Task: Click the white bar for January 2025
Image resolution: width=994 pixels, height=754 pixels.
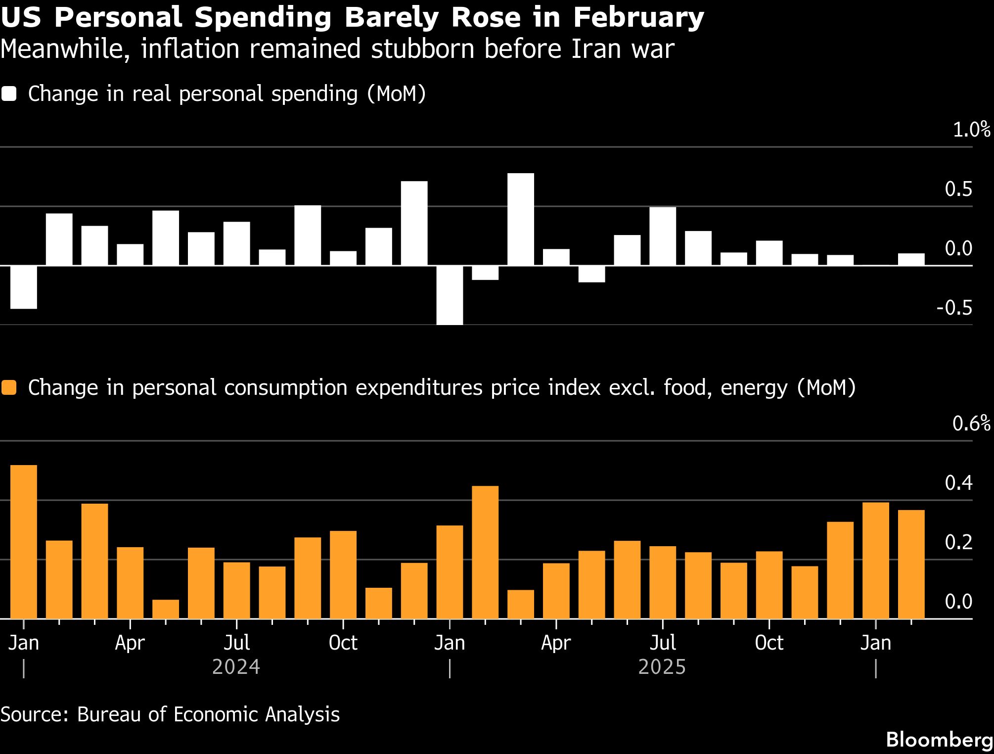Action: [x=450, y=295]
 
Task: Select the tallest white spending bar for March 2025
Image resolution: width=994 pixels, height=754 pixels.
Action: [x=521, y=219]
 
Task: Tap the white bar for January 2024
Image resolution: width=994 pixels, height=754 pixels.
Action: [x=24, y=287]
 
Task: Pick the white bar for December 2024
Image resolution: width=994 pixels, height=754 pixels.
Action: [x=414, y=223]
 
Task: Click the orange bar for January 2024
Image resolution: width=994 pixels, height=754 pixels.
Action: [x=24, y=542]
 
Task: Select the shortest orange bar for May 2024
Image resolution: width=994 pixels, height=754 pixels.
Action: [x=166, y=609]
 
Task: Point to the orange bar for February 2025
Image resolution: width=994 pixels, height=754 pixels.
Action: [x=485, y=552]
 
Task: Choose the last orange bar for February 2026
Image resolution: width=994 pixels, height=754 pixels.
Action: [x=911, y=564]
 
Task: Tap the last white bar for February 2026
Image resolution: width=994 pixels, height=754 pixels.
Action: [x=911, y=259]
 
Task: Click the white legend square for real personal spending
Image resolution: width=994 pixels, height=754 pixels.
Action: [x=9, y=94]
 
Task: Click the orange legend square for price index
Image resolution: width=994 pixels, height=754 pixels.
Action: [x=9, y=388]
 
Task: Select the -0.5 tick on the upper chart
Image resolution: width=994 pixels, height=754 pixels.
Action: [x=954, y=308]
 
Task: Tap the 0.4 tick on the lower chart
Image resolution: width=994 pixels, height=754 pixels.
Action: [x=958, y=483]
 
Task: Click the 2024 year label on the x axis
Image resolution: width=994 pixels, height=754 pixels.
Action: [x=236, y=667]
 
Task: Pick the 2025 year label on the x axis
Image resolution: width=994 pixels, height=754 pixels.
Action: [x=662, y=667]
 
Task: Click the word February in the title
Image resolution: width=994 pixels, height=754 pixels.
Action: [x=638, y=18]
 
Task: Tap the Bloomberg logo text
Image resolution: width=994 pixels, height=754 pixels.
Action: [x=939, y=740]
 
